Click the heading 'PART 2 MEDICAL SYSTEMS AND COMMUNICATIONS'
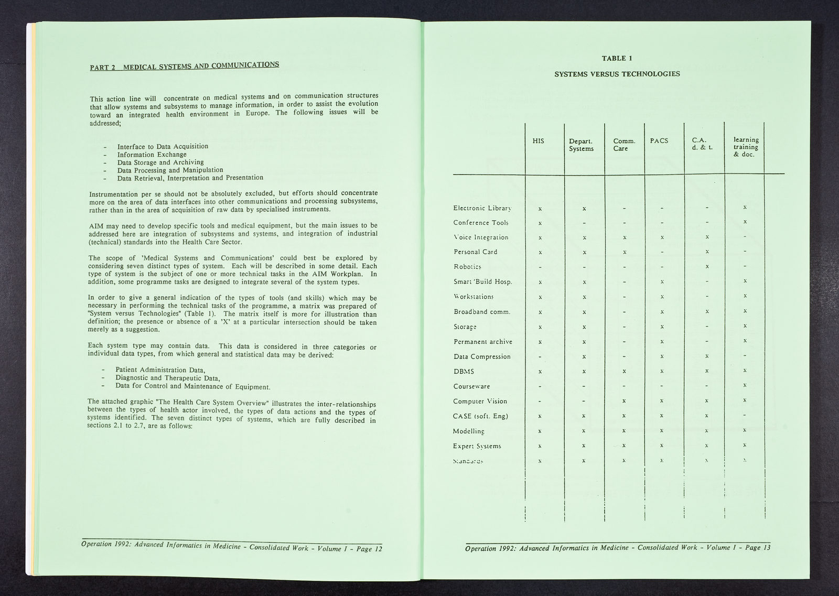pos(185,66)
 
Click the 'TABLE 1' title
pos(617,58)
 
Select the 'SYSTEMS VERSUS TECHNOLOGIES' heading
pos(617,74)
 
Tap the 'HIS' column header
pos(538,140)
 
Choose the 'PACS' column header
pos(659,140)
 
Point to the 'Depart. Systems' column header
pos(581,145)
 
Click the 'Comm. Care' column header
pos(624,145)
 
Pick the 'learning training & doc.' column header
pos(746,147)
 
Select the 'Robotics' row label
pos(467,266)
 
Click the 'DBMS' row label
pos(464,371)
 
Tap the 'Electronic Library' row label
pos(481,208)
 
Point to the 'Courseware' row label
pos(471,386)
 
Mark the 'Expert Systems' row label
pos(477,446)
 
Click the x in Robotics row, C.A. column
pos(707,266)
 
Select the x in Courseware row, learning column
pos(745,385)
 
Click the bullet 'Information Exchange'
pos(152,155)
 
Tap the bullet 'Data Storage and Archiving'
pos(160,162)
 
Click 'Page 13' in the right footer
pos(758,548)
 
